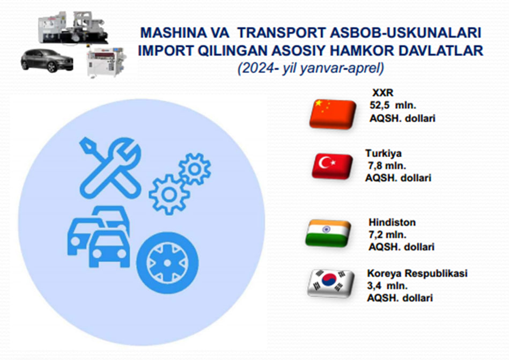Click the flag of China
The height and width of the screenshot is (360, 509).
[333, 114]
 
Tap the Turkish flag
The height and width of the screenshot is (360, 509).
[333, 166]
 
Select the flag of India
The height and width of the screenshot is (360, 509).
[328, 233]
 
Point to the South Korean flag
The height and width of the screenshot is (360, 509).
[331, 283]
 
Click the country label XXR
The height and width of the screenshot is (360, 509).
[383, 93]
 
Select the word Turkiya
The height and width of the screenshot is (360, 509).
[383, 153]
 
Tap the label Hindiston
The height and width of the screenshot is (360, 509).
[392, 222]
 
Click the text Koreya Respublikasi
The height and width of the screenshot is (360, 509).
[417, 273]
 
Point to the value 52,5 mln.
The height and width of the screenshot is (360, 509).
[393, 106]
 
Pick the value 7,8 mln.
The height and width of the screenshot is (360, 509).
[387, 166]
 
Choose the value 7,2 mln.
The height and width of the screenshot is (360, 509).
[387, 234]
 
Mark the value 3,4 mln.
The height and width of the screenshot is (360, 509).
[387, 286]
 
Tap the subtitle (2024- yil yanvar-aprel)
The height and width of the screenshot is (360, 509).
[311, 69]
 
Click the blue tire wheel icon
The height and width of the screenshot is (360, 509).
[167, 263]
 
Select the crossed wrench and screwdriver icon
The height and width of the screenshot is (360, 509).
[110, 167]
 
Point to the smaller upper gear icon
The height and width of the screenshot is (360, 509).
[195, 169]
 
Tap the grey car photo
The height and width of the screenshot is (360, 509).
[47, 61]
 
